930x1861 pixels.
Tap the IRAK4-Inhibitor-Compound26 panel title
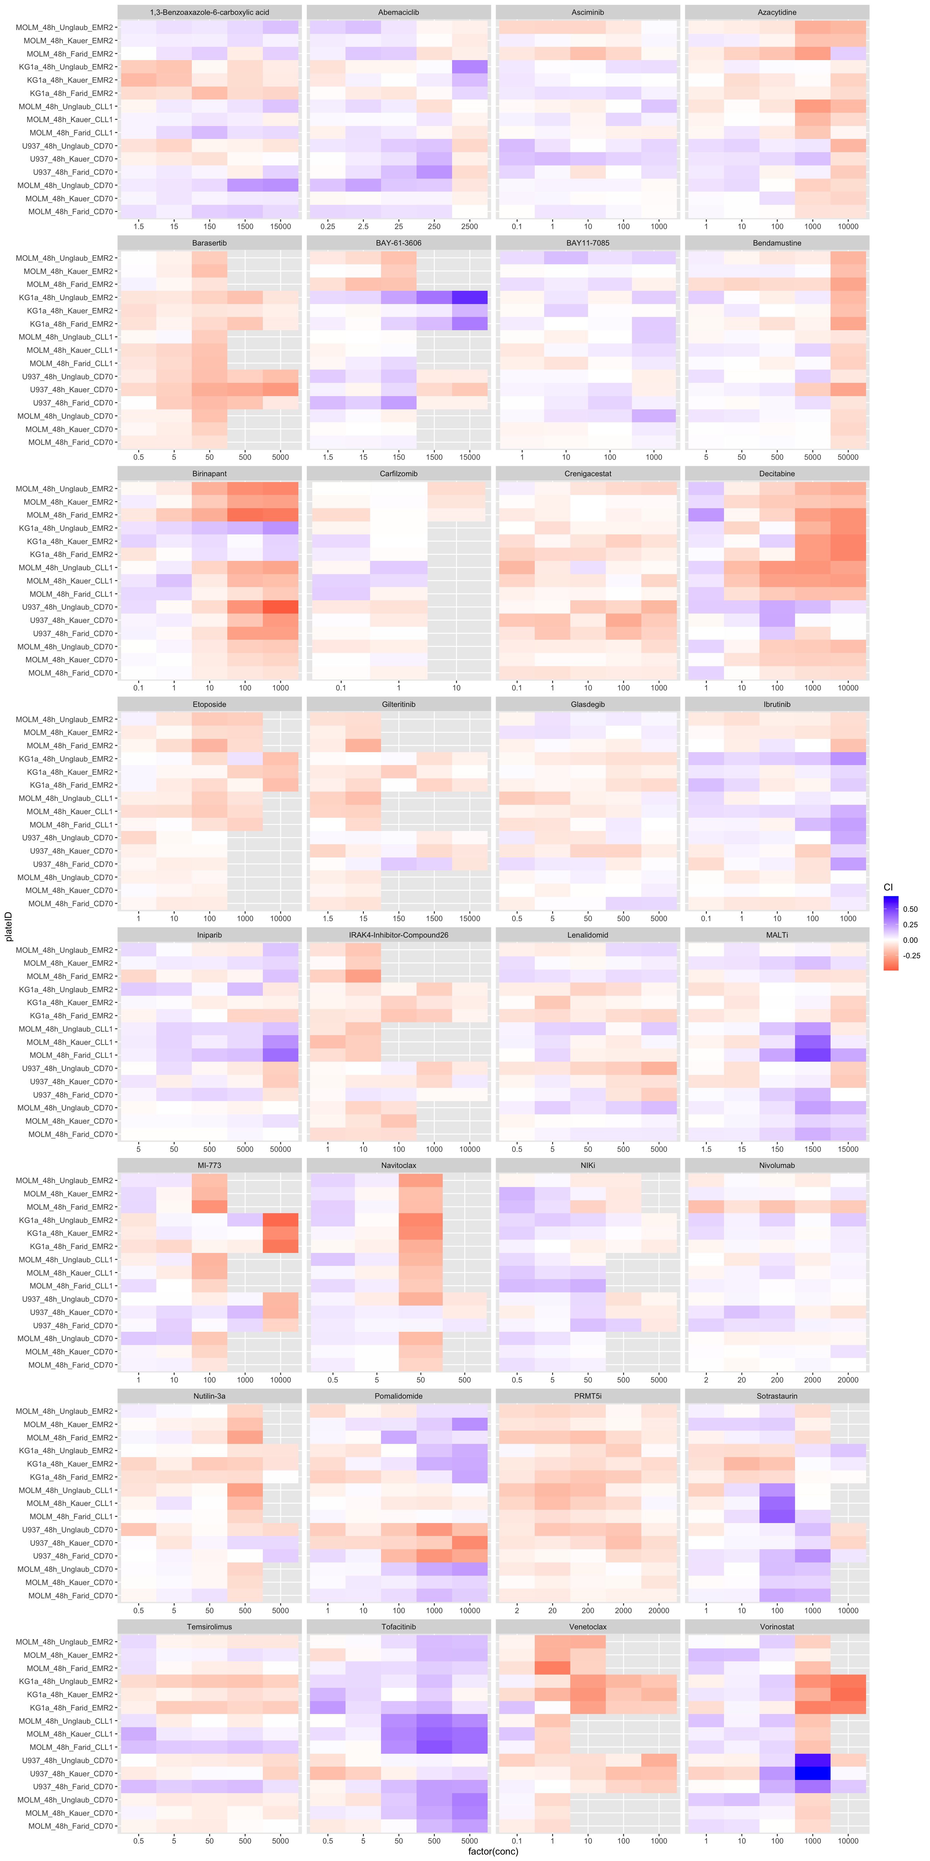point(398,935)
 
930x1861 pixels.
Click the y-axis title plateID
point(9,926)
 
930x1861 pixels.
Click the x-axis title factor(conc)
point(493,1851)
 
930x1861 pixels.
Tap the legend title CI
point(888,887)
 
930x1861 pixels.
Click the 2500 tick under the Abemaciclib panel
point(469,226)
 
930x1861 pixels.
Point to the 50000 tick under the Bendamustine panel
point(848,457)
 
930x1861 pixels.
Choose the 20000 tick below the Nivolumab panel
point(848,1379)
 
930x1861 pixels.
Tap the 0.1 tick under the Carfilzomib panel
point(341,687)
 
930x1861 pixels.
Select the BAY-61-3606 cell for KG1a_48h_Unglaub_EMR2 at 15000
point(469,297)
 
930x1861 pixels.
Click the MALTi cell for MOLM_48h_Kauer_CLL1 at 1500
point(812,1042)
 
